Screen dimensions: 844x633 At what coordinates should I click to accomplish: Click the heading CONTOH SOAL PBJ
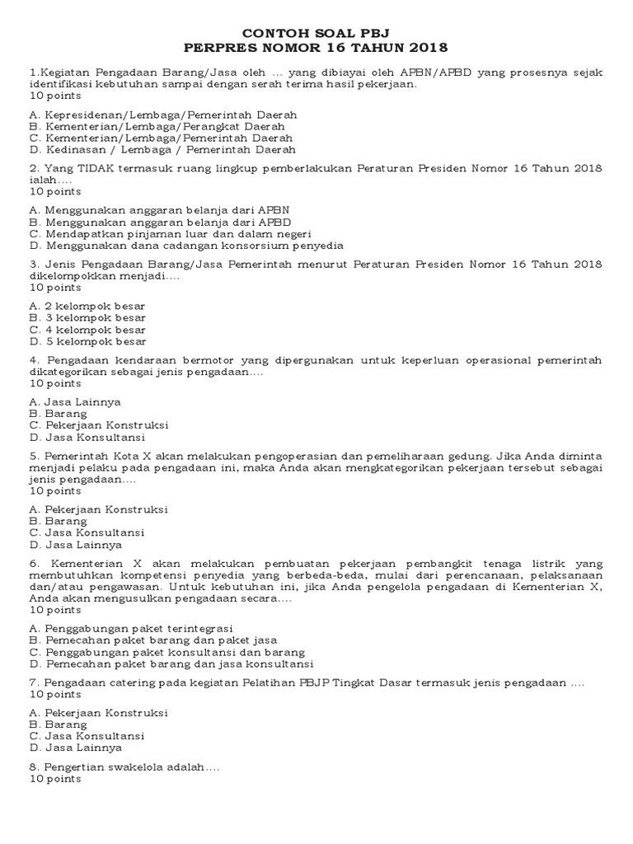tap(316, 32)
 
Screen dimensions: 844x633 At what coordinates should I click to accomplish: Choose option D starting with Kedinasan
tap(162, 150)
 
